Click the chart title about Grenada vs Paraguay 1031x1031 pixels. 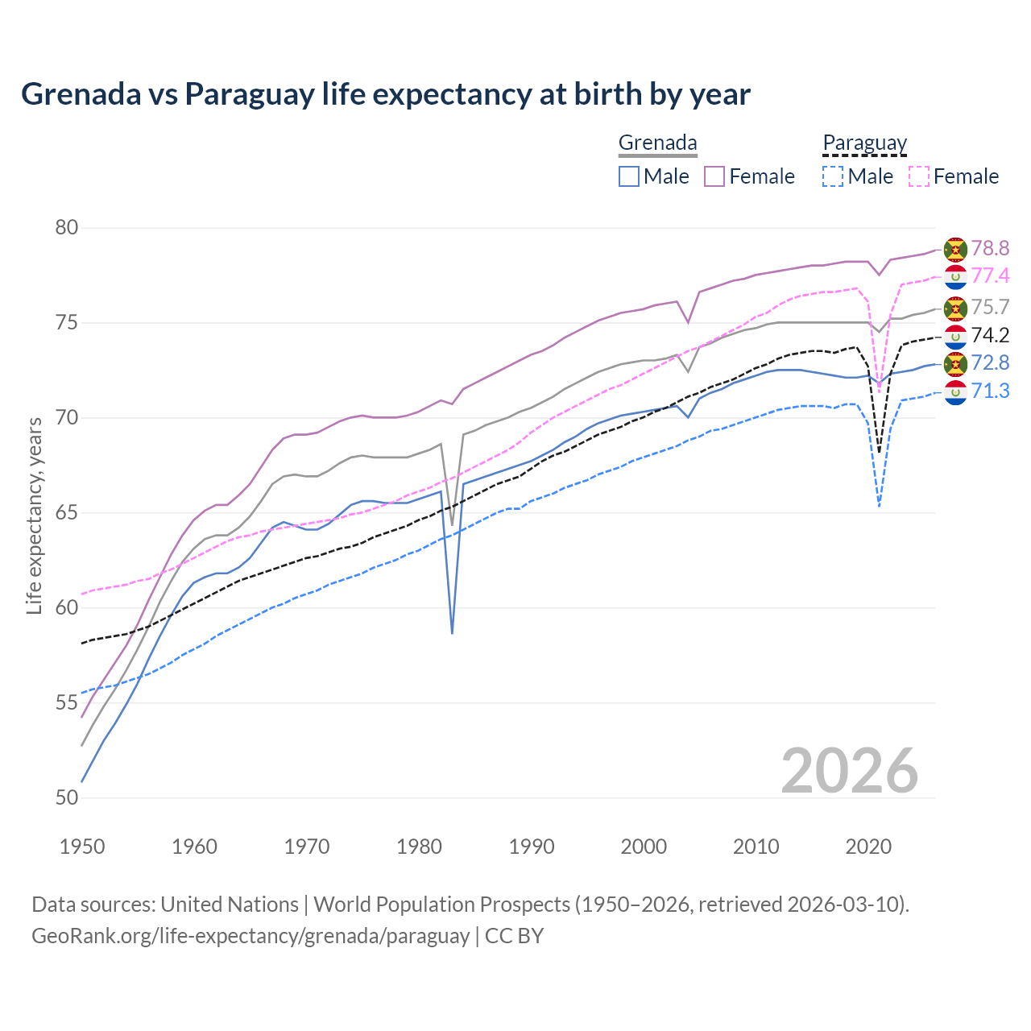point(386,94)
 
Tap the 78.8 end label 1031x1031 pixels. point(990,248)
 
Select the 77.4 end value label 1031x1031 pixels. point(990,275)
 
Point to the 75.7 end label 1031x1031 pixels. point(990,307)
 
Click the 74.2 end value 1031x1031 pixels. point(990,335)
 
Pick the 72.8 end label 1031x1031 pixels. point(990,362)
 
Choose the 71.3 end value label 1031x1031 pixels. point(990,391)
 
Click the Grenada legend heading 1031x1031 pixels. point(657,143)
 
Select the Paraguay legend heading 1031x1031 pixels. point(865,143)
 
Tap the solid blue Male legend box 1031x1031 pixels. point(629,176)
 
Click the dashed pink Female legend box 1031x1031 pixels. point(918,176)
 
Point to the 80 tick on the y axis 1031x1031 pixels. point(67,228)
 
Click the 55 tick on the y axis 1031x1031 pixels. point(67,703)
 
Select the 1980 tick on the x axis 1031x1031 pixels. point(420,847)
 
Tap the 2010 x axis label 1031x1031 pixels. point(756,847)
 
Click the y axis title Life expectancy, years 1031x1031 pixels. point(35,515)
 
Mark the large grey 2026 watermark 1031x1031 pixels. point(849,771)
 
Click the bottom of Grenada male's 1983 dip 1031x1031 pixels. point(452,633)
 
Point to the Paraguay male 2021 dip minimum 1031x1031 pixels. point(879,506)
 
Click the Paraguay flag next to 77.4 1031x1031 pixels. point(955,276)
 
